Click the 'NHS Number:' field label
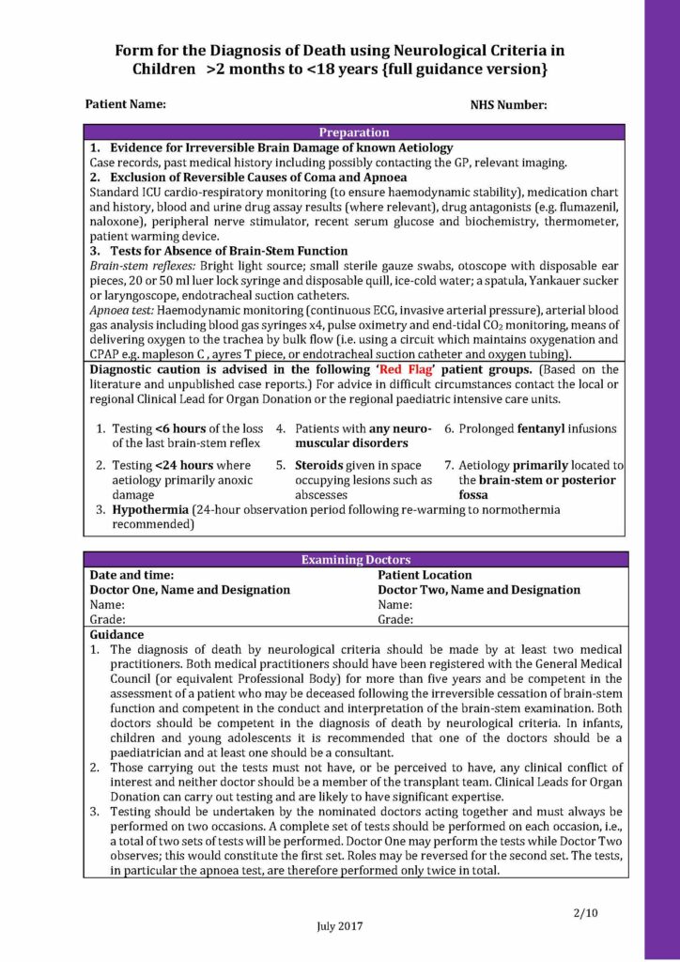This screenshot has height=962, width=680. [508, 105]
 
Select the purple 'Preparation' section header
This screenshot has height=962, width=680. [353, 132]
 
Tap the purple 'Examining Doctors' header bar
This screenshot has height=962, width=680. [353, 560]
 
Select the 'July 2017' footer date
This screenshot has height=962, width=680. [339, 925]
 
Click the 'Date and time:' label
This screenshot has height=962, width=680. [131, 575]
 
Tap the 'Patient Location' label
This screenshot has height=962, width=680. [425, 575]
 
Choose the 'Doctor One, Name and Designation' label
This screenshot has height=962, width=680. [189, 590]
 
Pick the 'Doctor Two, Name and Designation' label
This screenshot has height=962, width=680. [479, 590]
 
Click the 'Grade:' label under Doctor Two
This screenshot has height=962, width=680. [395, 620]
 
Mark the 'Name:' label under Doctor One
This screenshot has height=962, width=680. [106, 605]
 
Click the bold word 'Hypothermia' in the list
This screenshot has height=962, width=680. [149, 509]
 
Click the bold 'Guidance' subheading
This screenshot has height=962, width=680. [116, 635]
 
